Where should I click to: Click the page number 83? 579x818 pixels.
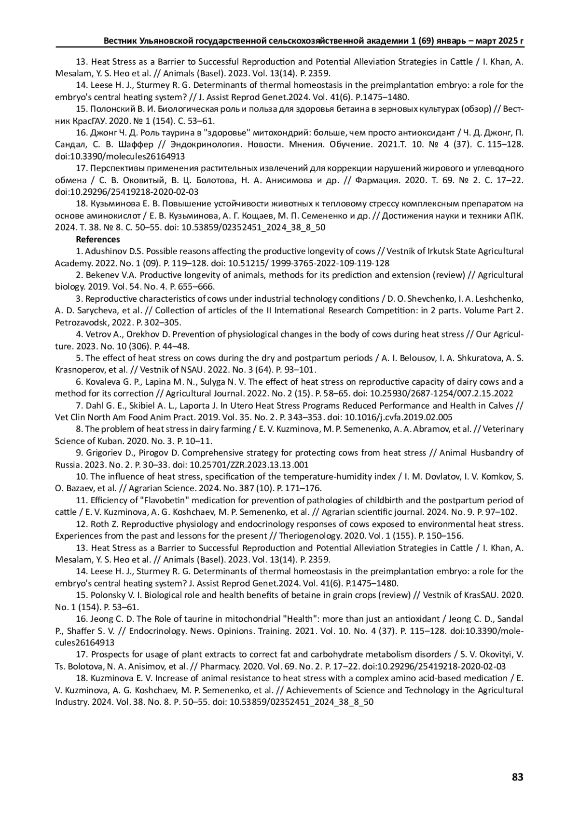(x=517, y=777)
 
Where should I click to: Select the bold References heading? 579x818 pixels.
(x=98, y=240)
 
